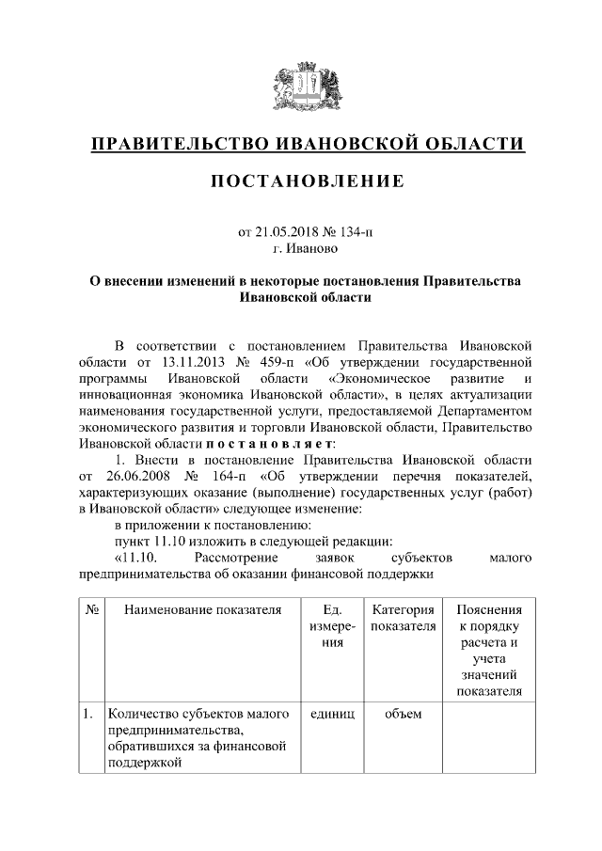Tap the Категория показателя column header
(404, 618)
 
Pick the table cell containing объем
(404, 715)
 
